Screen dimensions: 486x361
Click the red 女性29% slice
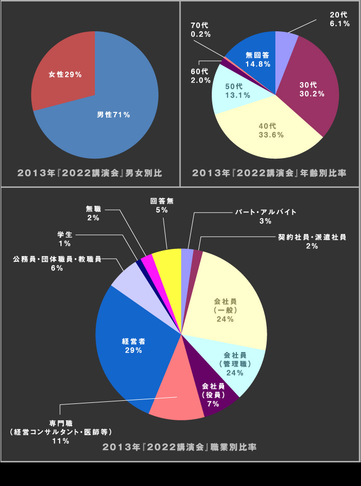point(64,74)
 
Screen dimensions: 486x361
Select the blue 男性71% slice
point(114,114)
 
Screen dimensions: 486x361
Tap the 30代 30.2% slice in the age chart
point(308,90)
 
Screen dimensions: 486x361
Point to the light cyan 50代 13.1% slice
point(233,91)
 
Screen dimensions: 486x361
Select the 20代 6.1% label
point(339,19)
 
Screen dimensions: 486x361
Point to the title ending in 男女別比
point(90,173)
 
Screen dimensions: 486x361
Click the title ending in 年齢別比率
point(269,173)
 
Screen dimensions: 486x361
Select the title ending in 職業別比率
point(180,447)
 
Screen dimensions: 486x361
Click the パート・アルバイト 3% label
point(266,216)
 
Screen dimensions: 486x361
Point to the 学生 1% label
point(65,239)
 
